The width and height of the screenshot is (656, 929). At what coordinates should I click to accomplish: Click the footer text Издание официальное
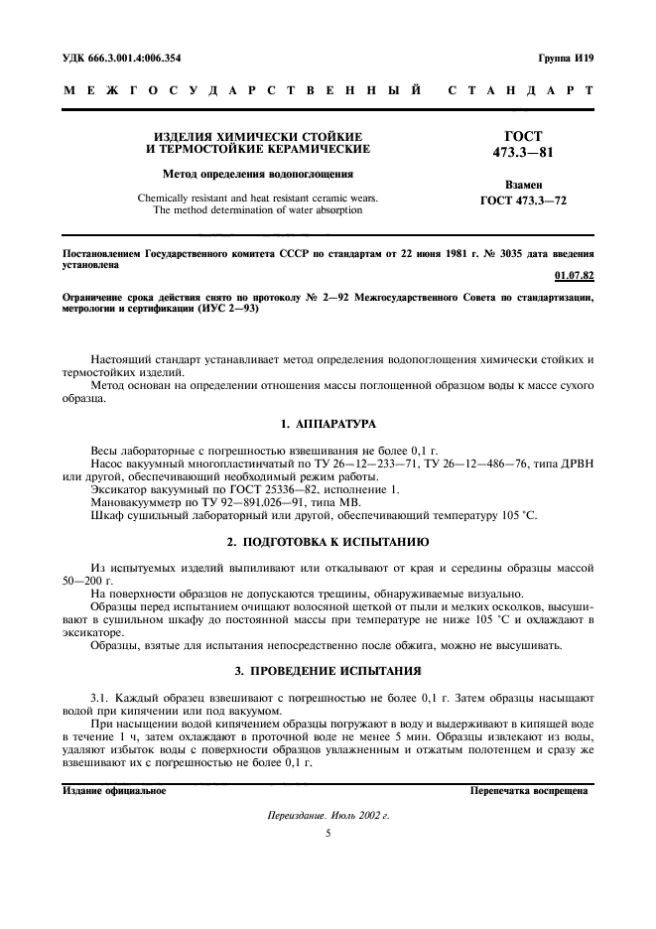[x=114, y=791]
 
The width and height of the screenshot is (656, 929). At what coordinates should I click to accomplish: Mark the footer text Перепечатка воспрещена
[x=530, y=791]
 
